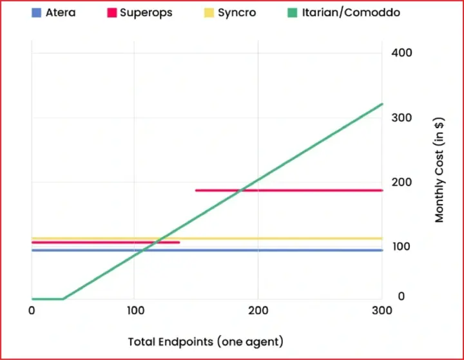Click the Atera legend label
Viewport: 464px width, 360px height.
tap(60, 12)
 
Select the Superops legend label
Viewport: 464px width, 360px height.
tap(146, 12)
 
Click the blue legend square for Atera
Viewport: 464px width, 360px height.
tap(36, 12)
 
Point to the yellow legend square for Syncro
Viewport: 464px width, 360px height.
tap(209, 12)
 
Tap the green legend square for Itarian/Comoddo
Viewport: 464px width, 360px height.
tap(293, 12)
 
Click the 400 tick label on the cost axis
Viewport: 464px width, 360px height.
tap(401, 52)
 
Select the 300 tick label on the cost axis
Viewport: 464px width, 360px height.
tap(401, 118)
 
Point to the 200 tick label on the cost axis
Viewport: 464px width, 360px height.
tap(401, 182)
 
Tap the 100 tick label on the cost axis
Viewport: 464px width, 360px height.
tap(401, 247)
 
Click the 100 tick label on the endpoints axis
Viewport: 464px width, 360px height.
tap(134, 310)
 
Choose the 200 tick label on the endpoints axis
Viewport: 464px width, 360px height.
tap(258, 310)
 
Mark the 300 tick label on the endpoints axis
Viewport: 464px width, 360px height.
tap(381, 310)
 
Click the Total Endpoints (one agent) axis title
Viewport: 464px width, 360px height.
tap(206, 341)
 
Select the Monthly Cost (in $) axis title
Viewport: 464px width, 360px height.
tap(440, 169)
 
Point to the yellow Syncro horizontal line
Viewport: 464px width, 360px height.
tap(271, 238)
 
